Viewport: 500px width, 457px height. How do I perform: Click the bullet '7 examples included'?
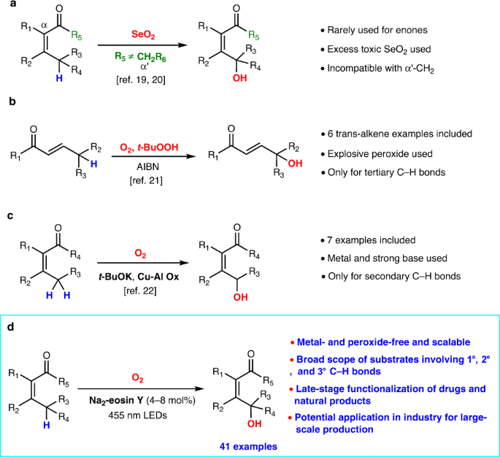click(369, 240)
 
